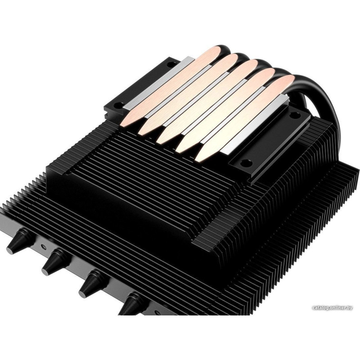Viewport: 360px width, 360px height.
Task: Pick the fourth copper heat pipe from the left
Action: point(226,110)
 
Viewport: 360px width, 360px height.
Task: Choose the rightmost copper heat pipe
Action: point(244,118)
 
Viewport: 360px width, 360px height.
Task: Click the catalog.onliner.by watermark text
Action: point(332,308)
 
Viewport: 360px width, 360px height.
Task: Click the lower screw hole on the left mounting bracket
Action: point(117,106)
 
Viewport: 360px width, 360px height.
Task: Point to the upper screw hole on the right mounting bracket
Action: point(294,115)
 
